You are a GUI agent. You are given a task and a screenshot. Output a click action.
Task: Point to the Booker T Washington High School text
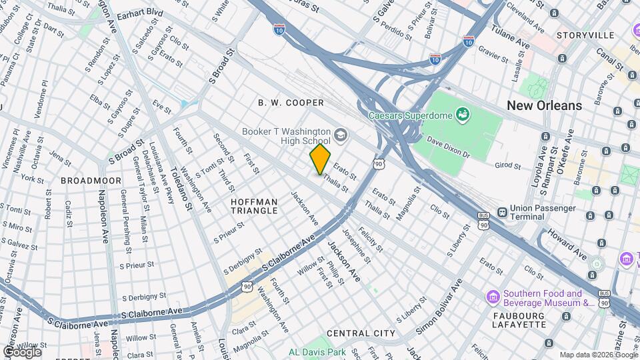pos(287,136)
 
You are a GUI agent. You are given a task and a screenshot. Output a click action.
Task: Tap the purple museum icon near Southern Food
pos(493,296)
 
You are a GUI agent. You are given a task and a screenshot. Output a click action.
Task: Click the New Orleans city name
pos(544,105)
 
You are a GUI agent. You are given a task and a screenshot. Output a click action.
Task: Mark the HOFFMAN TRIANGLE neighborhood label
pos(254,206)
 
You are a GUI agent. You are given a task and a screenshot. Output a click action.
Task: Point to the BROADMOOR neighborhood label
pos(91,181)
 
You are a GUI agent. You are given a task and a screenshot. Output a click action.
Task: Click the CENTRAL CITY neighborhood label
pos(361,333)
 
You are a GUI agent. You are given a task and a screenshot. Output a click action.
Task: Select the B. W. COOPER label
pos(291,103)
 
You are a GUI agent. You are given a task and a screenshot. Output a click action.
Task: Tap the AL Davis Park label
pos(317,352)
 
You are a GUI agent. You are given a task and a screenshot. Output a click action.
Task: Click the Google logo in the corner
pos(22,351)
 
